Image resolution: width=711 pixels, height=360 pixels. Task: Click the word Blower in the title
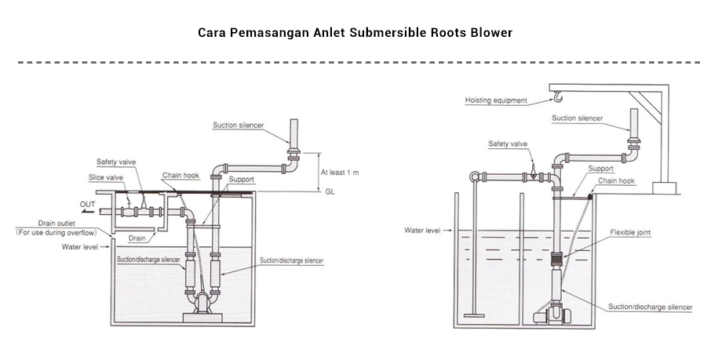coord(490,33)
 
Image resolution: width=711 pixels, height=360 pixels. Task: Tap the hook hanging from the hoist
coord(556,98)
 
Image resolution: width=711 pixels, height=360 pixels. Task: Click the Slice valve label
coord(106,177)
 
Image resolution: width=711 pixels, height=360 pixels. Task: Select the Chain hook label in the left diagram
coord(181,175)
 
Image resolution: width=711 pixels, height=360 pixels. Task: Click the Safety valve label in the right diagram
coord(509,144)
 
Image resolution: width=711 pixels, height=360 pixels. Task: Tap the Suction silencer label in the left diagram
coord(239,125)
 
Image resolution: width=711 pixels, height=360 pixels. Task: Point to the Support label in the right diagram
coord(600,168)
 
